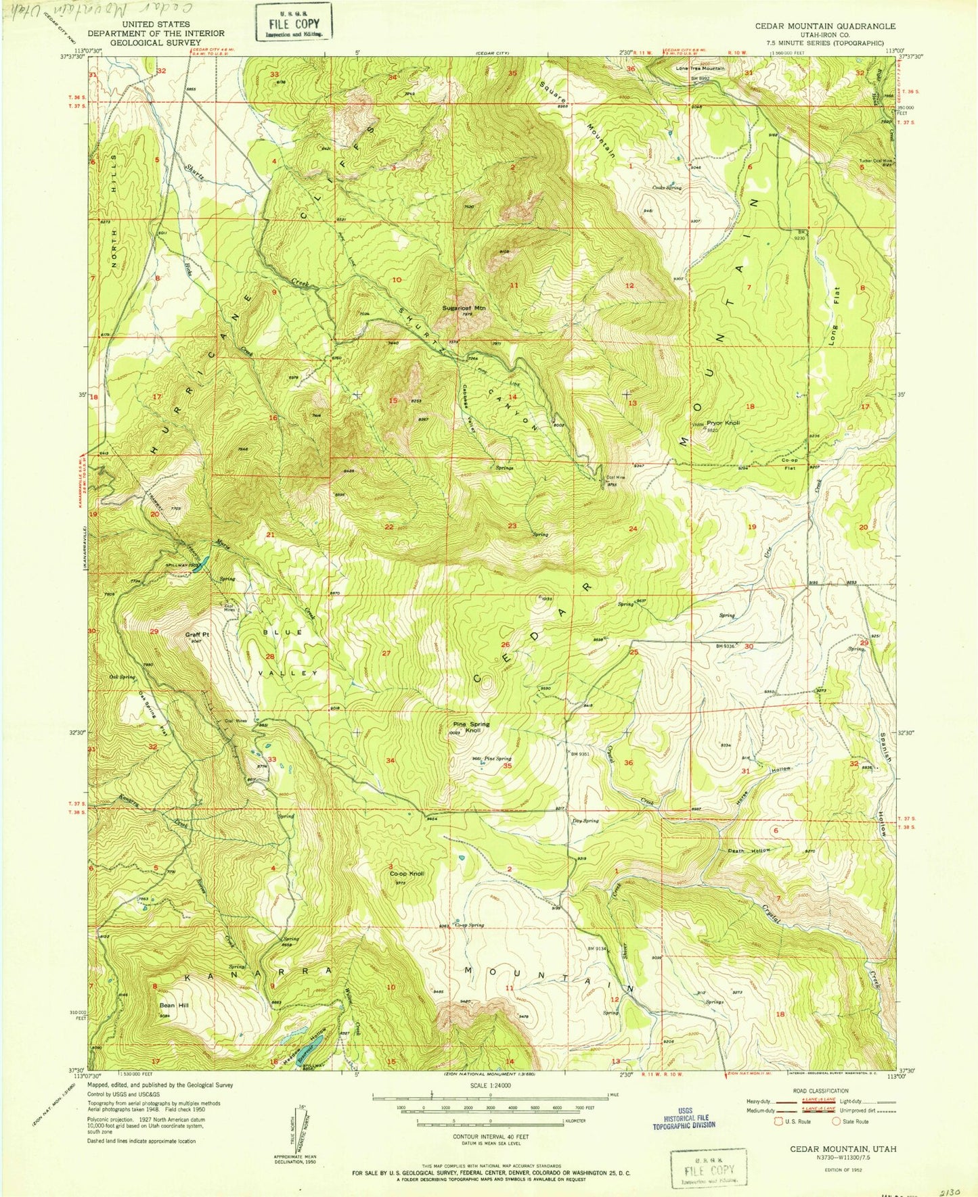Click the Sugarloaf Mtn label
[464, 308]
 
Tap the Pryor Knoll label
[724, 423]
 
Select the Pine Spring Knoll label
[471, 727]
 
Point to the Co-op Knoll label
[407, 873]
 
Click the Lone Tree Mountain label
[699, 68]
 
